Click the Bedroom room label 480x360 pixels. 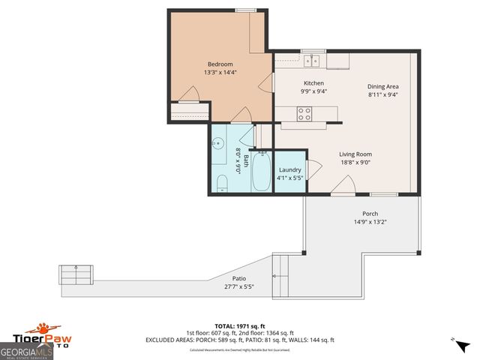[x=220, y=64]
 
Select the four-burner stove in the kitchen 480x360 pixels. [x=305, y=113]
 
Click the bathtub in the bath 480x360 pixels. [x=262, y=171]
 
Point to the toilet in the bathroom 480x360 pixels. [x=222, y=182]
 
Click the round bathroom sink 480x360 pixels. [x=218, y=142]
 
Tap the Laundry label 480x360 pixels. [x=289, y=170]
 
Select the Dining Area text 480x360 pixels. [x=382, y=86]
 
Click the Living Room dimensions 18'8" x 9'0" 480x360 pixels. [x=355, y=162]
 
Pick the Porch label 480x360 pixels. [x=370, y=214]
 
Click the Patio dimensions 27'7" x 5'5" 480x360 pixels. [x=238, y=286]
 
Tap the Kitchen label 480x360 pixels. [x=313, y=82]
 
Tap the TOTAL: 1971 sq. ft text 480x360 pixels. [x=239, y=326]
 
